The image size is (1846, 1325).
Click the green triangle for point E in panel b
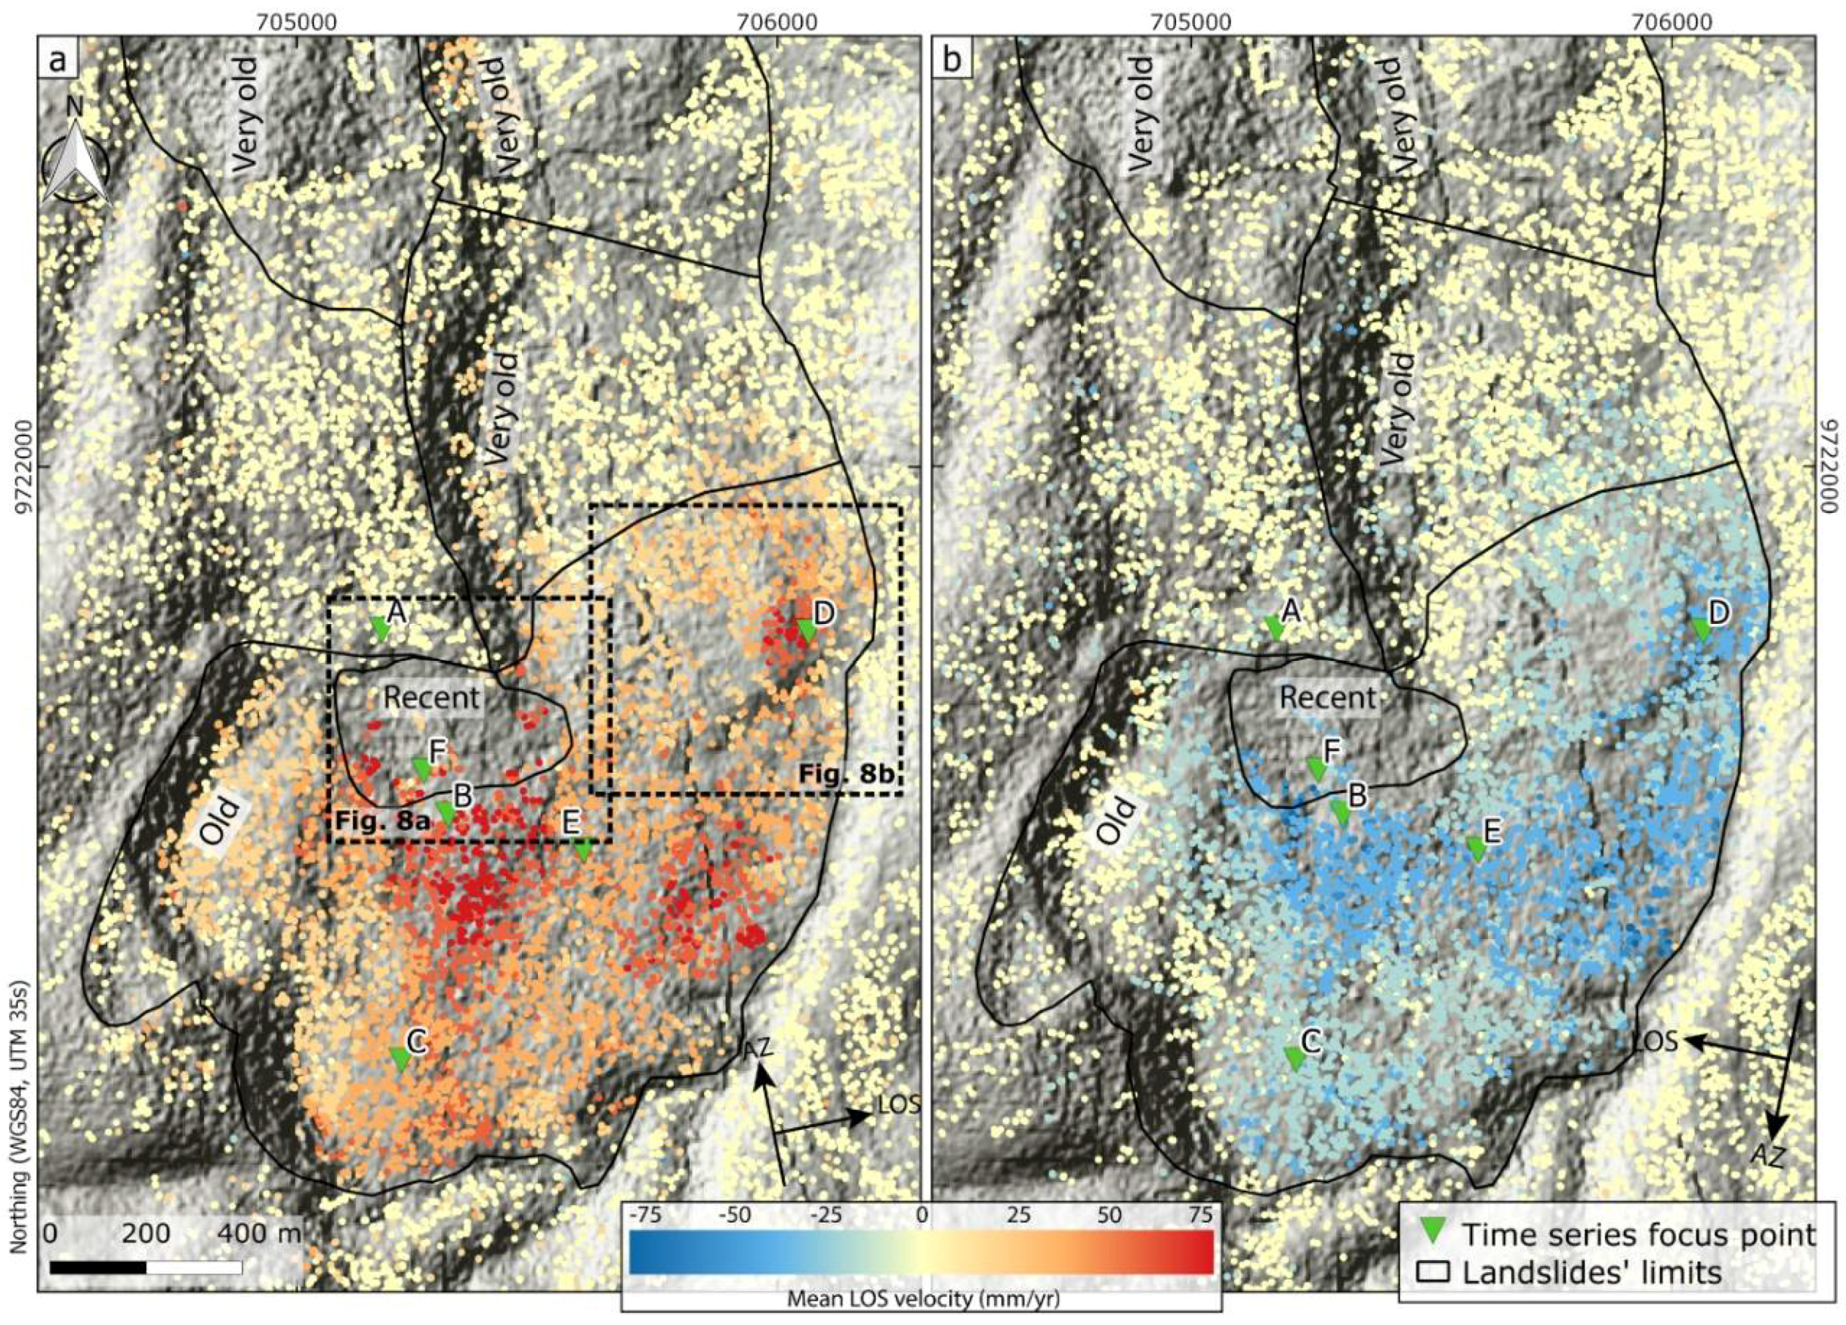point(1477,849)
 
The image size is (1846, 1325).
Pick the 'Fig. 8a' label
point(381,821)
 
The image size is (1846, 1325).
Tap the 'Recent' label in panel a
point(431,697)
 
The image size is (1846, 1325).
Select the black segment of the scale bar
point(97,1268)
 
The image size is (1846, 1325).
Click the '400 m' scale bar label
point(258,1233)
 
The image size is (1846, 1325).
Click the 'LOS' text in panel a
point(899,1104)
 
